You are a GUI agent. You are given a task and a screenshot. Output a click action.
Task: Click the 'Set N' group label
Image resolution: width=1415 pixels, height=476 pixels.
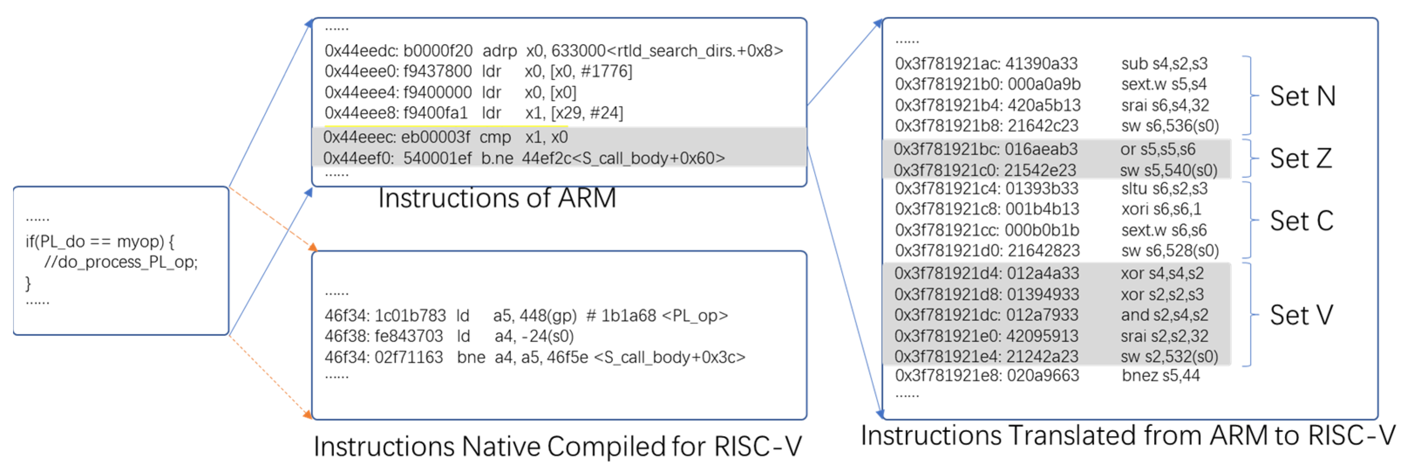pyautogui.click(x=1303, y=96)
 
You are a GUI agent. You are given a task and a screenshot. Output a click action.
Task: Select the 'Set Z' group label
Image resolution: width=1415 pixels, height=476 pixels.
pyautogui.click(x=1300, y=158)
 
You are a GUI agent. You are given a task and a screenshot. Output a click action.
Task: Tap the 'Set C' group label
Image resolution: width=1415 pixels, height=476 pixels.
pyautogui.click(x=1301, y=221)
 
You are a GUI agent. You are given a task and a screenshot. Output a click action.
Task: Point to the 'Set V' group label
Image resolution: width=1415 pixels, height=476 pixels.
pyautogui.click(x=1301, y=315)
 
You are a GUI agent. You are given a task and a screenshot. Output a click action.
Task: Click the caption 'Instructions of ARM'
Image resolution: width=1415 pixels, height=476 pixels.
pyautogui.click(x=497, y=198)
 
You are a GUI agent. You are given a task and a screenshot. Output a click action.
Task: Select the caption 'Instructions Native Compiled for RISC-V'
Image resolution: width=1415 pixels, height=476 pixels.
pyautogui.click(x=557, y=446)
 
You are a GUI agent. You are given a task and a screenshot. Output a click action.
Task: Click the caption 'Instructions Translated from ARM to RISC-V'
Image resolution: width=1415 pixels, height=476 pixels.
pyautogui.click(x=1128, y=435)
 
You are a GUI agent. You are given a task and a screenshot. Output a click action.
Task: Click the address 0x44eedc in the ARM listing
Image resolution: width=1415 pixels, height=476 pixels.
pyautogui.click(x=361, y=51)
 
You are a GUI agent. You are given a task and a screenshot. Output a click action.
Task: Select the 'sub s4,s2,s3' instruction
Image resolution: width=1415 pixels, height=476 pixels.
pyautogui.click(x=1164, y=64)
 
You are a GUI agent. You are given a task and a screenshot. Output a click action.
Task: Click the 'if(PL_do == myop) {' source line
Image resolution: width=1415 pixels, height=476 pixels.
pyautogui.click(x=100, y=241)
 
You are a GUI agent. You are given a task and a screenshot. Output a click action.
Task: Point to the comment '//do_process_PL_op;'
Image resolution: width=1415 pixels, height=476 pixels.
pyautogui.click(x=121, y=262)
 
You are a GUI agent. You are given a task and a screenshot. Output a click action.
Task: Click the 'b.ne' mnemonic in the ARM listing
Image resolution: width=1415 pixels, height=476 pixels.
pyautogui.click(x=497, y=158)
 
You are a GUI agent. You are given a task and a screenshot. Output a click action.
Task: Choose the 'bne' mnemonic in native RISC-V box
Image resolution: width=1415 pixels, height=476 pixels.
pyautogui.click(x=471, y=357)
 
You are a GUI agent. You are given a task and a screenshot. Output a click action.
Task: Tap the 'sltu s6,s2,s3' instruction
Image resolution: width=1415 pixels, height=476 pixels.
pyautogui.click(x=1164, y=188)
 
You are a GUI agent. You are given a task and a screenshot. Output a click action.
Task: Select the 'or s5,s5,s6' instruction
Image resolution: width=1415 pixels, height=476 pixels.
pyautogui.click(x=1157, y=149)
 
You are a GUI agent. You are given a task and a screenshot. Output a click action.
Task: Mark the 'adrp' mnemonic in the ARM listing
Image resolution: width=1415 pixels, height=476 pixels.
pyautogui.click(x=499, y=51)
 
